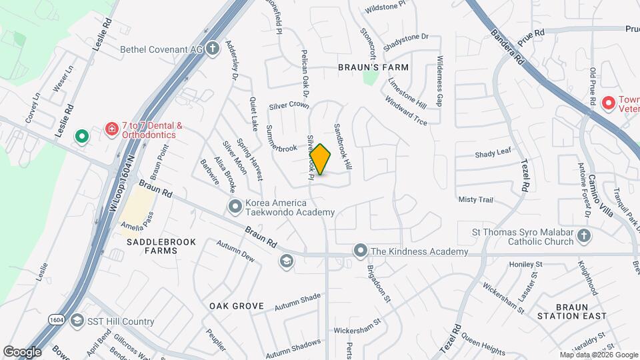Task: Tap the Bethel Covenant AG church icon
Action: click(212, 49)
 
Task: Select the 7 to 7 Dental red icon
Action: click(112, 127)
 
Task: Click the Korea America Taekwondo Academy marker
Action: click(235, 207)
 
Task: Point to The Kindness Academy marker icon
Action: click(361, 251)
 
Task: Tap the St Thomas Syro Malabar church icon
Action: click(584, 236)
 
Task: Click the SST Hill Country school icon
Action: click(77, 321)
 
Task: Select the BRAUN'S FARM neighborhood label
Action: click(373, 67)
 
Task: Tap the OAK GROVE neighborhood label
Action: click(237, 306)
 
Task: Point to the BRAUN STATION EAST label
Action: click(571, 311)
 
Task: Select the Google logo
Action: click(22, 351)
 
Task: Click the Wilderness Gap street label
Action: click(439, 90)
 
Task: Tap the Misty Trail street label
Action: click(475, 199)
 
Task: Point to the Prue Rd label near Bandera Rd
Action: click(531, 33)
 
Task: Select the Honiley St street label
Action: click(526, 265)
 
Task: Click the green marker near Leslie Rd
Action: click(82, 137)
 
